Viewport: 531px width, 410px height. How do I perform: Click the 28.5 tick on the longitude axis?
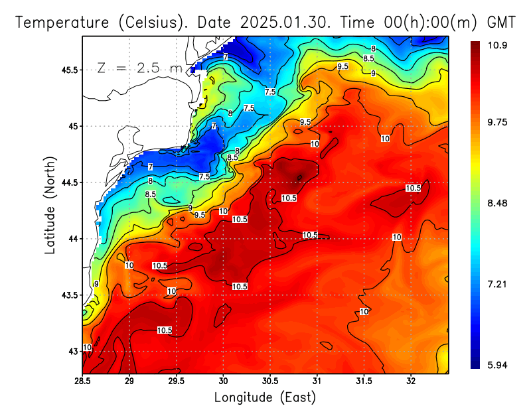tap(82, 381)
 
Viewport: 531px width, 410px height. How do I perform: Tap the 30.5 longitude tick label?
tap(270, 381)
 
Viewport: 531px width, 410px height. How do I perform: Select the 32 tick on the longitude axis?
tap(411, 381)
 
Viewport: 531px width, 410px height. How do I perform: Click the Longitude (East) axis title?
tap(265, 397)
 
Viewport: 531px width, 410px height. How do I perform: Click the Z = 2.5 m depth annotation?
tap(140, 68)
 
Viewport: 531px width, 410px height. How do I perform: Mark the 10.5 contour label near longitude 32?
tap(414, 188)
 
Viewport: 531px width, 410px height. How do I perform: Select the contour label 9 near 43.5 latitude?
tap(96, 284)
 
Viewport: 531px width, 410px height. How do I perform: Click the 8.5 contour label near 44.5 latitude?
tap(151, 194)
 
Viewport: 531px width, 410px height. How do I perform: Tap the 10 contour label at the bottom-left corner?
tap(87, 348)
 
